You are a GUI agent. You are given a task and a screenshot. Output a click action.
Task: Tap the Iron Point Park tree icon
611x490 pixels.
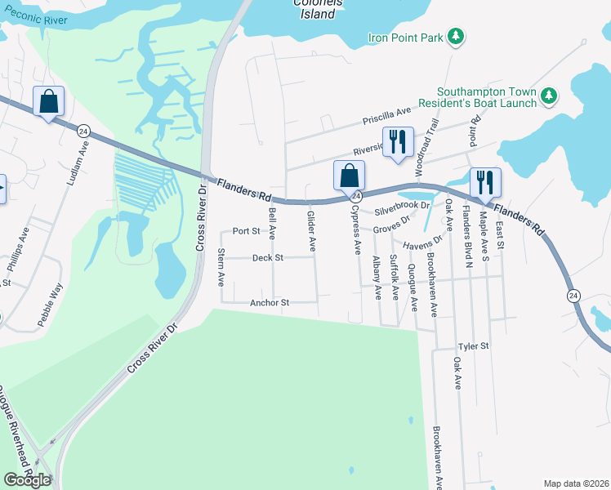[457, 36]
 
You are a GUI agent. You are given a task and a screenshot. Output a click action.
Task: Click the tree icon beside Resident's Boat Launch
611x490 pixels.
[550, 97]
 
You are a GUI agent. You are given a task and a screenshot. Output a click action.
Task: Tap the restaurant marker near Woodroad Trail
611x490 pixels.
[399, 142]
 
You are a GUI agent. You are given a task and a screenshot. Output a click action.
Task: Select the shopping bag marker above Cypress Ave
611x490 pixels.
[349, 176]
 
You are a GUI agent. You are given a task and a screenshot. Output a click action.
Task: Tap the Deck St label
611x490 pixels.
[268, 258]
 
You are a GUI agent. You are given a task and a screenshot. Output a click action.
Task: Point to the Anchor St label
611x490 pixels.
[270, 303]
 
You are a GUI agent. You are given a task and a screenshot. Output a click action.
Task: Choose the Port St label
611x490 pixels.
[246, 231]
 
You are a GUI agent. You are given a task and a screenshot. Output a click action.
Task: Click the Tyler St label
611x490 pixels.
[473, 347]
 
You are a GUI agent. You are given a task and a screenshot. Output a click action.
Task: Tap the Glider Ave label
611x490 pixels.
[311, 231]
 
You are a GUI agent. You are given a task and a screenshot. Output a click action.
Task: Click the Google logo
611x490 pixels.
[27, 480]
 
